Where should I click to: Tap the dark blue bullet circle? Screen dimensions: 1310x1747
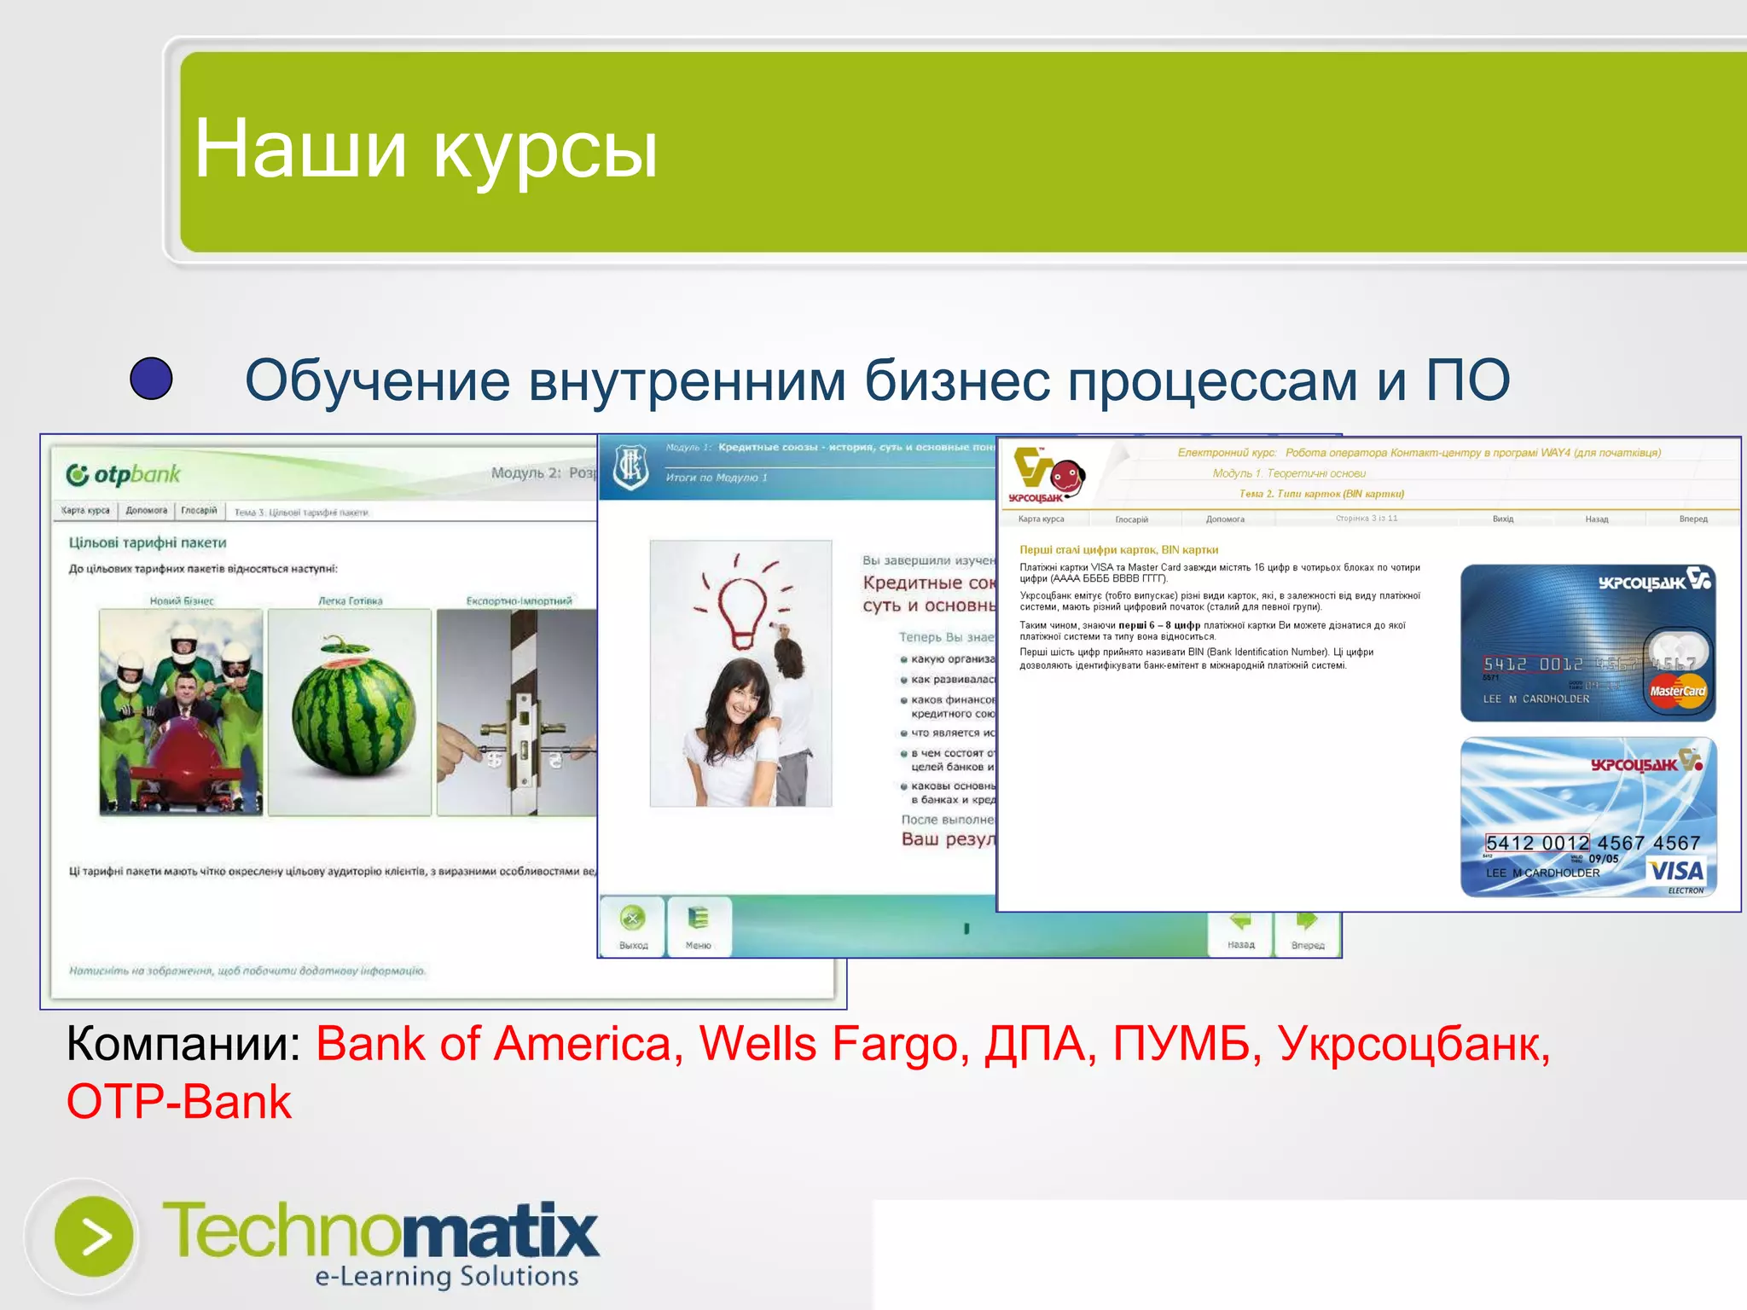click(x=151, y=379)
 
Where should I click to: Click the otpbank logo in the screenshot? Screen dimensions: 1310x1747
click(x=125, y=474)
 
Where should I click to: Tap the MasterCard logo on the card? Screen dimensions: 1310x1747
click(x=1677, y=691)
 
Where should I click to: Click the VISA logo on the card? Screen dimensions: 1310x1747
click(x=1676, y=871)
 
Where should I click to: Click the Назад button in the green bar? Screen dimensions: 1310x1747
click(x=1240, y=932)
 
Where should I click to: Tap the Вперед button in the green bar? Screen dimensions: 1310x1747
click(x=1307, y=932)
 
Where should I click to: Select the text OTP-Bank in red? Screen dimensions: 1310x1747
click(x=179, y=1101)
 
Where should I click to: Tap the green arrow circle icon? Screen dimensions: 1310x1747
click(x=94, y=1237)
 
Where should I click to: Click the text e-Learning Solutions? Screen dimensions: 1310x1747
click(x=446, y=1276)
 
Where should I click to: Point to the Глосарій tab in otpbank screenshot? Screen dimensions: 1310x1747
click(x=199, y=510)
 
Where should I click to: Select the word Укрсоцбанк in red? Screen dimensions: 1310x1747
click(x=1413, y=1043)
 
